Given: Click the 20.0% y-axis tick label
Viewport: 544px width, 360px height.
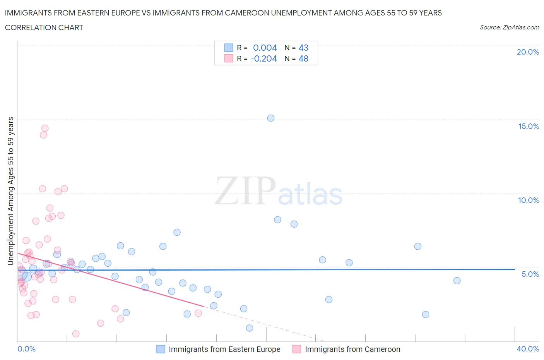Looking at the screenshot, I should click(528, 52).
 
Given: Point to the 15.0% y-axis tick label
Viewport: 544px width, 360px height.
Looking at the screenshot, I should click(529, 126).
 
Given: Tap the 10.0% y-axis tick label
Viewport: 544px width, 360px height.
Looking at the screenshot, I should click(529, 200).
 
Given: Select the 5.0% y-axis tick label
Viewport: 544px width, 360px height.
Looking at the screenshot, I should click(530, 274).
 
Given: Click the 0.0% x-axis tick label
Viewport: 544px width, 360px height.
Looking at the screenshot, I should click(26, 349).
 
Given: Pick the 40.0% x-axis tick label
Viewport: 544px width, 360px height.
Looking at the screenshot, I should click(528, 349).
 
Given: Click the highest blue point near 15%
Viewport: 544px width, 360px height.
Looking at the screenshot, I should click(271, 118).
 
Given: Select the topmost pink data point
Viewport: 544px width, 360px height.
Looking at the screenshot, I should click(45, 128).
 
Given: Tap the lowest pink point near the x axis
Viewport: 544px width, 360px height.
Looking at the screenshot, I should click(76, 334).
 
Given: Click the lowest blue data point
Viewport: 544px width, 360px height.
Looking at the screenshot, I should click(250, 328).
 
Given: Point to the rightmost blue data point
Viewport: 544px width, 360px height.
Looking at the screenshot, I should click(457, 281).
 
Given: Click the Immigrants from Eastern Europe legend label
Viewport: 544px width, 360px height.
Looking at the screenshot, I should click(224, 349).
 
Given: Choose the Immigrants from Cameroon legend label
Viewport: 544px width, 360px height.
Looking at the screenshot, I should click(352, 349).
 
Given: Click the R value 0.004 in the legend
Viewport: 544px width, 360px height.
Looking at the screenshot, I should click(265, 48).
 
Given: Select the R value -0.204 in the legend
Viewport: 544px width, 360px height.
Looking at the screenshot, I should click(263, 58).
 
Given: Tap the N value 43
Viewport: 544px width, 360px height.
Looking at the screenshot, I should click(303, 48).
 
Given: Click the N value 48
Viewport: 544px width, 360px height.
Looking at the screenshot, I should click(303, 58).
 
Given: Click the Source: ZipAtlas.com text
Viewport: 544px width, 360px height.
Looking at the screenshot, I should click(509, 27).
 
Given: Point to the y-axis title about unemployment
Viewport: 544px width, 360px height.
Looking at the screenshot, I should click(10, 191).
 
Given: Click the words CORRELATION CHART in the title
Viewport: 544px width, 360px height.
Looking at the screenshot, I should click(44, 27).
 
